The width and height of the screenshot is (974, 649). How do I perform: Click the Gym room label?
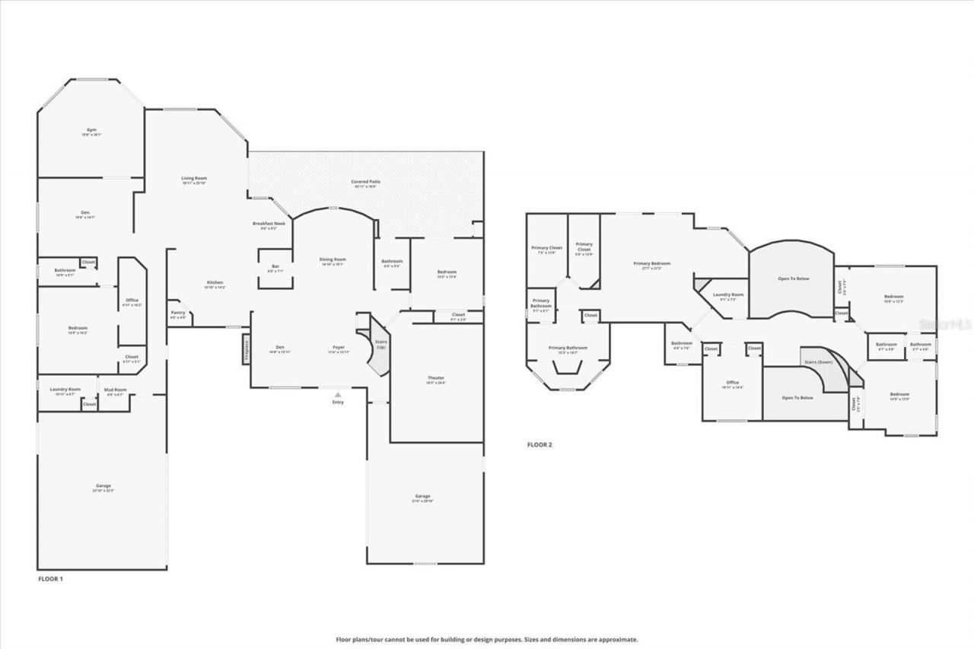pyautogui.click(x=91, y=130)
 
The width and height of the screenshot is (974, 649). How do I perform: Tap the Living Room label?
pyautogui.click(x=194, y=179)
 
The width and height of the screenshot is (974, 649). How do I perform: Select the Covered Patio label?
pyautogui.click(x=365, y=183)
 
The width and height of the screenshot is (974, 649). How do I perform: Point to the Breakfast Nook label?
pyautogui.click(x=268, y=224)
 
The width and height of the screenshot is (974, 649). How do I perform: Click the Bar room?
pyautogui.click(x=275, y=269)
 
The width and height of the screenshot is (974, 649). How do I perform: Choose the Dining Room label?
pyautogui.click(x=333, y=260)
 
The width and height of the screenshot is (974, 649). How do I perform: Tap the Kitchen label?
pyautogui.click(x=215, y=283)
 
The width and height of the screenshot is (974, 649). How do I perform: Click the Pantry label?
pyautogui.click(x=178, y=313)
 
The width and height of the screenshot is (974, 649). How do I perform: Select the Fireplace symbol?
pyautogui.click(x=247, y=349)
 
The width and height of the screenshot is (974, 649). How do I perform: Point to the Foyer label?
pyautogui.click(x=339, y=348)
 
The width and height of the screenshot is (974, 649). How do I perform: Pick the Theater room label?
pyautogui.click(x=436, y=378)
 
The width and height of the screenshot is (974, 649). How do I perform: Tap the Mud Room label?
pyautogui.click(x=115, y=390)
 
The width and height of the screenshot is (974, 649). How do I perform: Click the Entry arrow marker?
pyautogui.click(x=338, y=394)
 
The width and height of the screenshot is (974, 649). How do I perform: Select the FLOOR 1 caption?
pyautogui.click(x=51, y=580)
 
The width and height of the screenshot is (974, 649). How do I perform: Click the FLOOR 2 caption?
pyautogui.click(x=540, y=444)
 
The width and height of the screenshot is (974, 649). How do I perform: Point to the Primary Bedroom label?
pyautogui.click(x=652, y=264)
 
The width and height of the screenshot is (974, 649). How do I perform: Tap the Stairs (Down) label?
pyautogui.click(x=819, y=361)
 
